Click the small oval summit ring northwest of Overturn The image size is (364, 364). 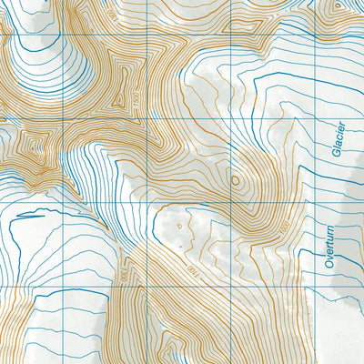[x=236, y=181]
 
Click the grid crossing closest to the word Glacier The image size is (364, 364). [x=314, y=118]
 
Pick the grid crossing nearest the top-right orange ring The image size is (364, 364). [x=314, y=35]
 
